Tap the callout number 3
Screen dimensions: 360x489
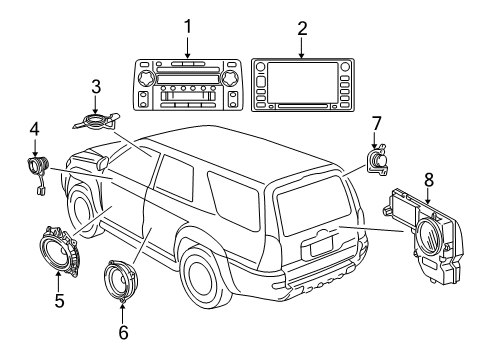95,86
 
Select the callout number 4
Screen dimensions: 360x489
34,130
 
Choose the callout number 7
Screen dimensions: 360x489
376,123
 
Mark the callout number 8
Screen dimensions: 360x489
429,182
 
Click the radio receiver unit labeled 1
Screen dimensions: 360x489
188,86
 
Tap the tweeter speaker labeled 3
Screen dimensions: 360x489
96,122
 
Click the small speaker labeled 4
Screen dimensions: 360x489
38,165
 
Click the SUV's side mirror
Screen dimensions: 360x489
104,163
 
